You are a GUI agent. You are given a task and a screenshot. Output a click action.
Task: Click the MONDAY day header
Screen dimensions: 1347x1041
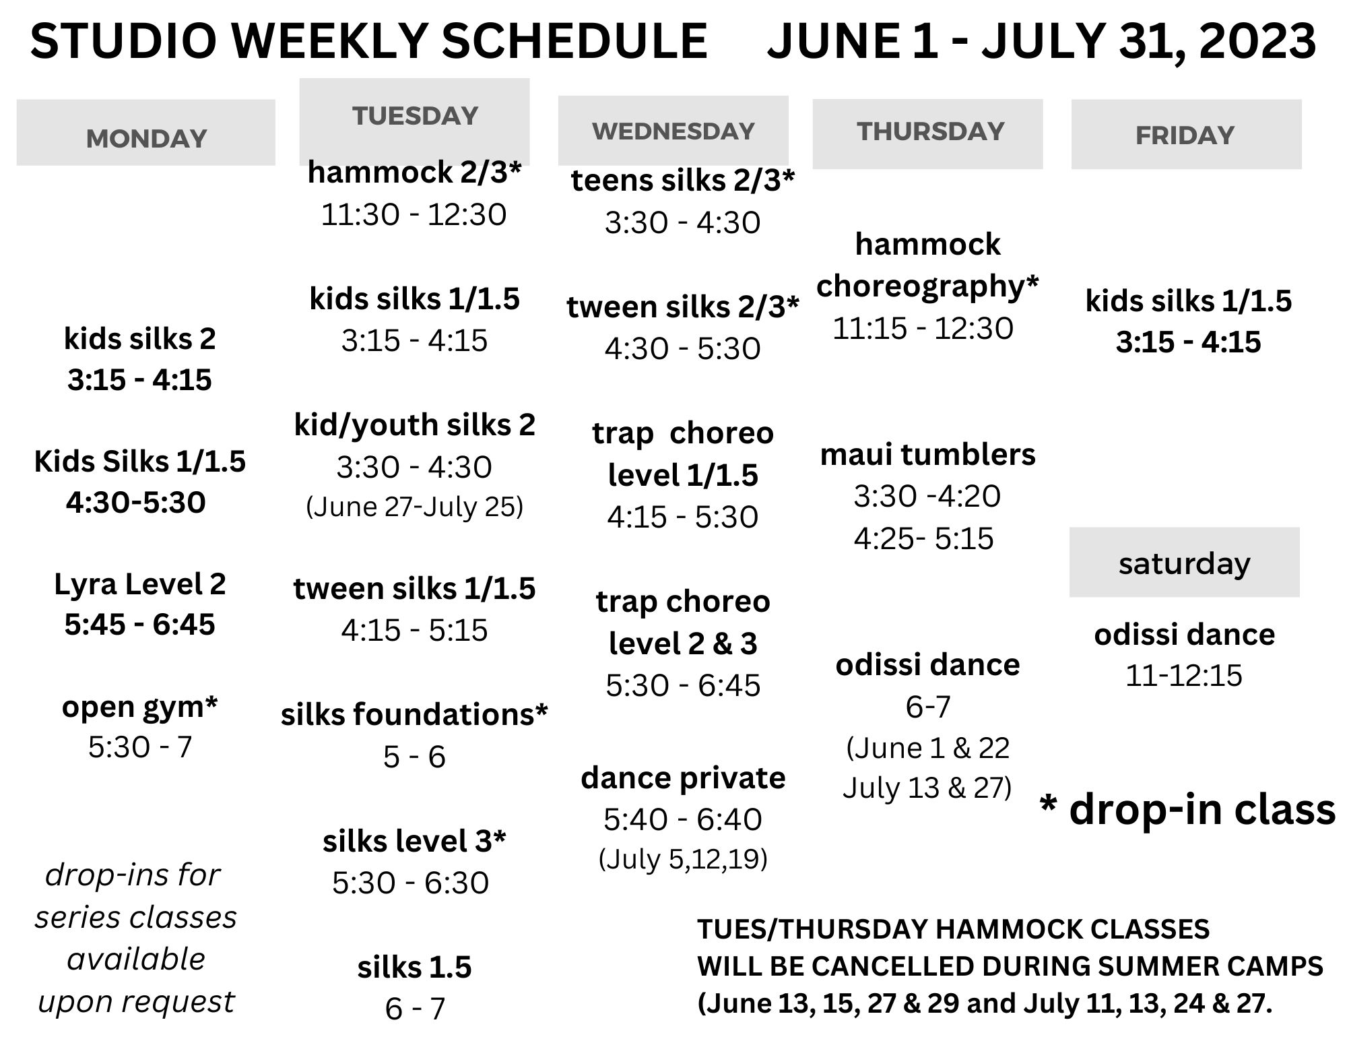coord(146,133)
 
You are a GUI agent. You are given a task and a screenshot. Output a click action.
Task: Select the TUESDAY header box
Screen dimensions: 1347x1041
coord(415,121)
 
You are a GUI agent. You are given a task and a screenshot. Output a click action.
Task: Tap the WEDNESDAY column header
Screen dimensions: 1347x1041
coord(673,131)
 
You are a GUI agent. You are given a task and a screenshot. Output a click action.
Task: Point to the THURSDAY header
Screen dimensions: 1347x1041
coord(928,133)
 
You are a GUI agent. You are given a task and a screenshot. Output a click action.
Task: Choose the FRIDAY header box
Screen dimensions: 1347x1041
coord(1187,134)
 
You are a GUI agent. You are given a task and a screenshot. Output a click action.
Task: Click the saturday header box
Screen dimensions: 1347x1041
coord(1185,562)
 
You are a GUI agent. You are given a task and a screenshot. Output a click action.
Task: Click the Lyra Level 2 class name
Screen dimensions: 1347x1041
coord(140,584)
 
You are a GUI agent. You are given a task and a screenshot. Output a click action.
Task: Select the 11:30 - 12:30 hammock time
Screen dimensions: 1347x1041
coord(414,215)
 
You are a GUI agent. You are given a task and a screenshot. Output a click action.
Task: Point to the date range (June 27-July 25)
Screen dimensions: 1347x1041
coord(415,507)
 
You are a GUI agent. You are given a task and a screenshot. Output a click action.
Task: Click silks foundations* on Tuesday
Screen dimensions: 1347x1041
coord(415,714)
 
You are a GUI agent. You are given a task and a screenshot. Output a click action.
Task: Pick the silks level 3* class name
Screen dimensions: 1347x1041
coord(414,841)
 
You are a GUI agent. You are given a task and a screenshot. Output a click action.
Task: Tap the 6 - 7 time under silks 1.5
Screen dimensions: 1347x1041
coord(415,1009)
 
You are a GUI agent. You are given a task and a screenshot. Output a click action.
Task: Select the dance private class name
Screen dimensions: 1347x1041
coord(683,778)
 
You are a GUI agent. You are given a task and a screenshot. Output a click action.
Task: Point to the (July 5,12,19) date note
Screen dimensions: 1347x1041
coord(683,859)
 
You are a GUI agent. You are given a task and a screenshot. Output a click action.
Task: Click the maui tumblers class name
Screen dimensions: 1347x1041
coord(928,455)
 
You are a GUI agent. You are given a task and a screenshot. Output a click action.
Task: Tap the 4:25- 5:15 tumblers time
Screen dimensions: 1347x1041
coord(924,538)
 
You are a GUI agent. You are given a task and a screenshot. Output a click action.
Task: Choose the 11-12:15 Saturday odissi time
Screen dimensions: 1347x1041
coord(1184,675)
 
